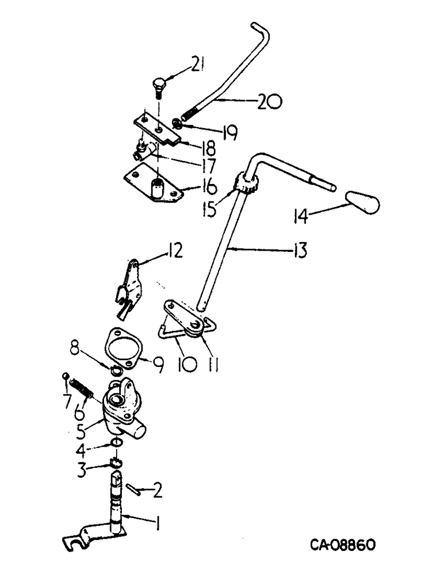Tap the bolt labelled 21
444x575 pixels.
pyautogui.click(x=158, y=87)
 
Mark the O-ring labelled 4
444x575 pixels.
pyautogui.click(x=116, y=442)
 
